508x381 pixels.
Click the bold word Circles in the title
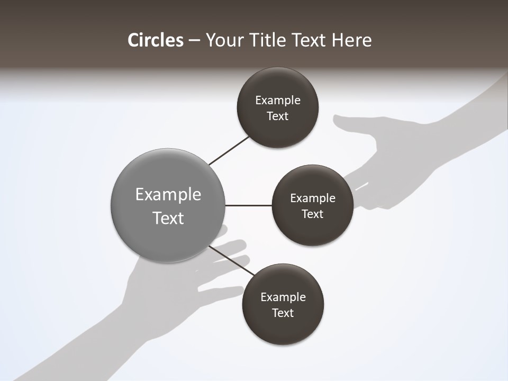155,40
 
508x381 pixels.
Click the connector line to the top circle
229,151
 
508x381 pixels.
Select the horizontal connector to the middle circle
249,205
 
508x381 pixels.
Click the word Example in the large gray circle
168,195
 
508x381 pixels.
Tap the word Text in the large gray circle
168,218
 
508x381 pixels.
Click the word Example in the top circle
277,100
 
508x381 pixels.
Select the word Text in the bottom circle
283,313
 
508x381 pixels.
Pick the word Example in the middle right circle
312,198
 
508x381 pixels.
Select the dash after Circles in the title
194,40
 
